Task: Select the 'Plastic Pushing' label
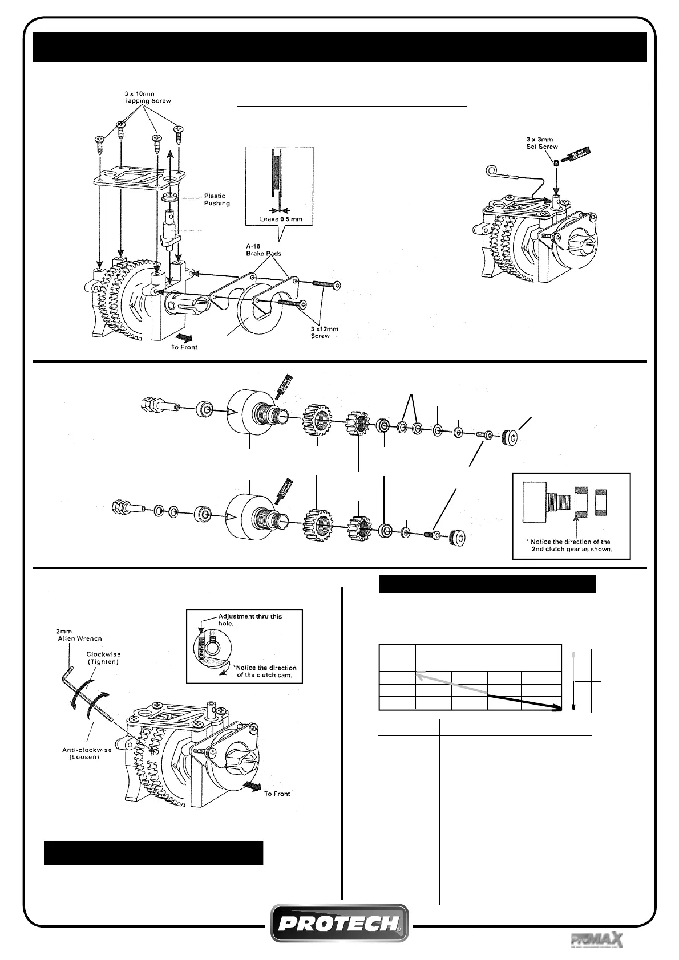(217, 200)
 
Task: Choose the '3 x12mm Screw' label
(320, 332)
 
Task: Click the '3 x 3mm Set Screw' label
(542, 143)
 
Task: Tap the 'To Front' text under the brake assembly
(184, 347)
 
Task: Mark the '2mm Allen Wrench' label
(79, 635)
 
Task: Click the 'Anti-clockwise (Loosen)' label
(87, 754)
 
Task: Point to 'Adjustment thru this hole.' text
(251, 620)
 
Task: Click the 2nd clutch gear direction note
(571, 546)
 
